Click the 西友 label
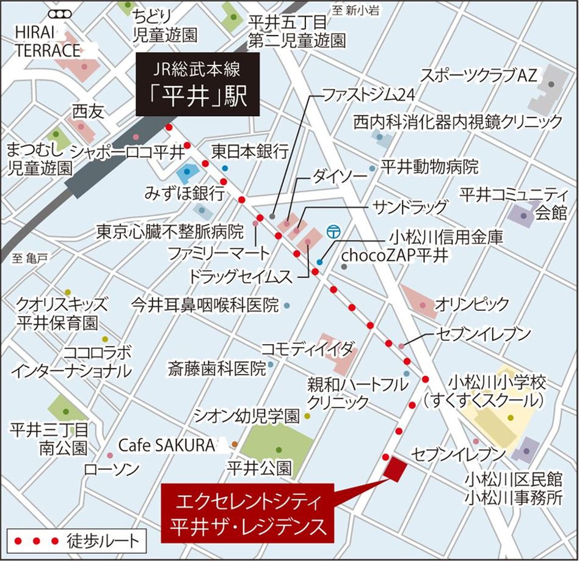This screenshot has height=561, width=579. pos(89,112)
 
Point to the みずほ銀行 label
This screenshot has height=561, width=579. pos(184,194)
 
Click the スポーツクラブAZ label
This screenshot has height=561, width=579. pos(478,76)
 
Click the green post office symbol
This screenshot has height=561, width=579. pos(333,232)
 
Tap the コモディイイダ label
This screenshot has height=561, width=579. pos(307,349)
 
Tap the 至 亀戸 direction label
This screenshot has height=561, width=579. pos(29,259)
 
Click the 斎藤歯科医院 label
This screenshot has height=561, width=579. pos(217,369)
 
